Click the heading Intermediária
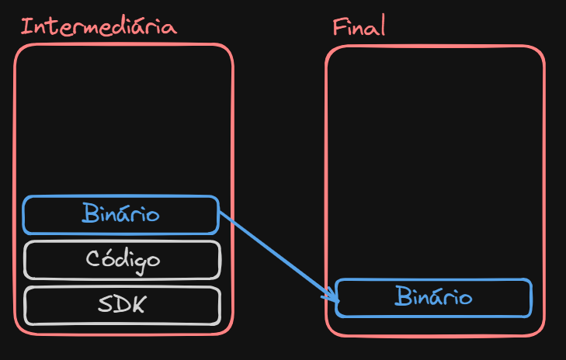point(99,27)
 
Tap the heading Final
point(359,28)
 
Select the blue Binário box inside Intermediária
point(121,214)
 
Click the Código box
point(122,259)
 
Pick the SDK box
point(122,305)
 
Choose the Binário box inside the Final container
point(433,297)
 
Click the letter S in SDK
point(106,305)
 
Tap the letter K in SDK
point(139,305)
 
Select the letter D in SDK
point(123,305)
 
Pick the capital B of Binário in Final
point(401,296)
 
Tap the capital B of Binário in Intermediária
point(89,213)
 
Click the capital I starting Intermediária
point(25,27)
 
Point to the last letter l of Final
point(382,27)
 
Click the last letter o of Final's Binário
point(464,298)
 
